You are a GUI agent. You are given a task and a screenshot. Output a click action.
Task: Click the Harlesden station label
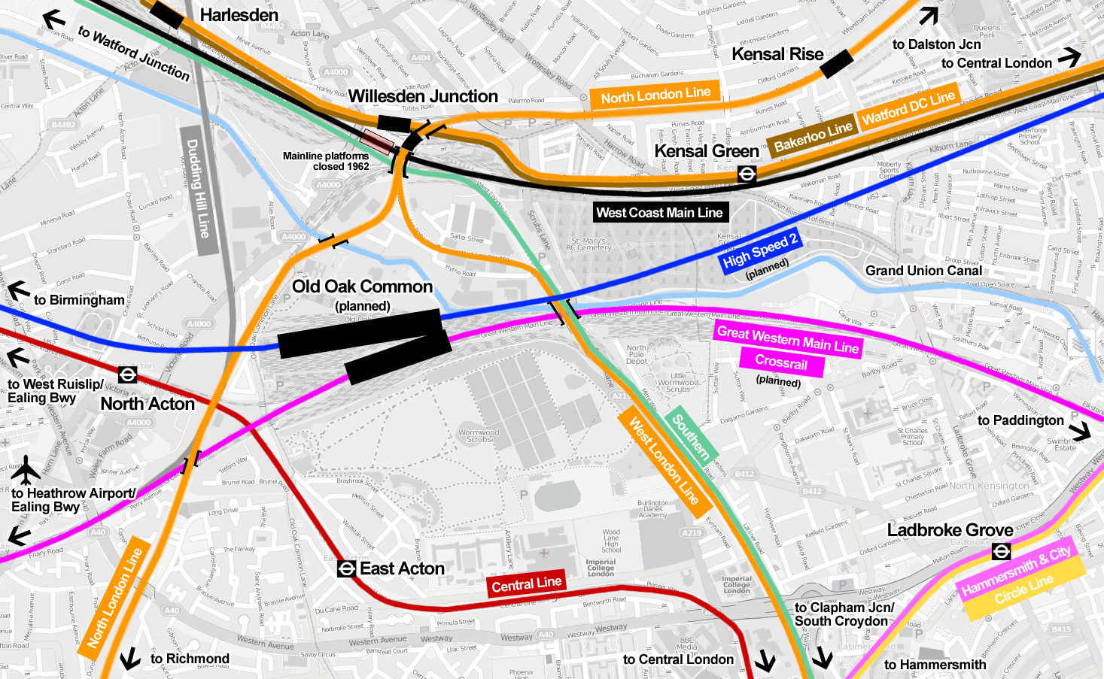tap(239, 15)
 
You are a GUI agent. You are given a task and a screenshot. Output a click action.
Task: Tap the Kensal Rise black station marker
tap(837, 64)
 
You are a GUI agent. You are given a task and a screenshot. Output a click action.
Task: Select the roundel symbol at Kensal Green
tap(747, 174)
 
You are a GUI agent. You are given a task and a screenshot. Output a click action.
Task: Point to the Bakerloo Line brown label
tap(812, 136)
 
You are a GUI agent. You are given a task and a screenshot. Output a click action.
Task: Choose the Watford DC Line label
tap(908, 108)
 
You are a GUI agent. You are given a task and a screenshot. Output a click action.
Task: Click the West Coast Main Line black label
tap(659, 213)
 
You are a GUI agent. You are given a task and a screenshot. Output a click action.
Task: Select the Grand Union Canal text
tap(923, 271)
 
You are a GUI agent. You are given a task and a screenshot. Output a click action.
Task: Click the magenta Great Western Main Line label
tap(787, 340)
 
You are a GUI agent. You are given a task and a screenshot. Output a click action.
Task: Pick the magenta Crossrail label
tap(781, 362)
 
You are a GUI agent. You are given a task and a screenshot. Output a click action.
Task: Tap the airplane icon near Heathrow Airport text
tap(26, 471)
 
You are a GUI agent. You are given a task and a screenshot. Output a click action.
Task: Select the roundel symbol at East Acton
tap(346, 569)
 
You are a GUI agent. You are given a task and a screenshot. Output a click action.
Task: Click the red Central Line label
tap(526, 584)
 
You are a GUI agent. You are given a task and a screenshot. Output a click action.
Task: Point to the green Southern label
tap(690, 437)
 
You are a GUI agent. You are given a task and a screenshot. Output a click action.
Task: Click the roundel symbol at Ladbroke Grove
tap(1001, 551)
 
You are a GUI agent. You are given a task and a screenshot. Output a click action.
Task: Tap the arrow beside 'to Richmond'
tap(130, 659)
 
